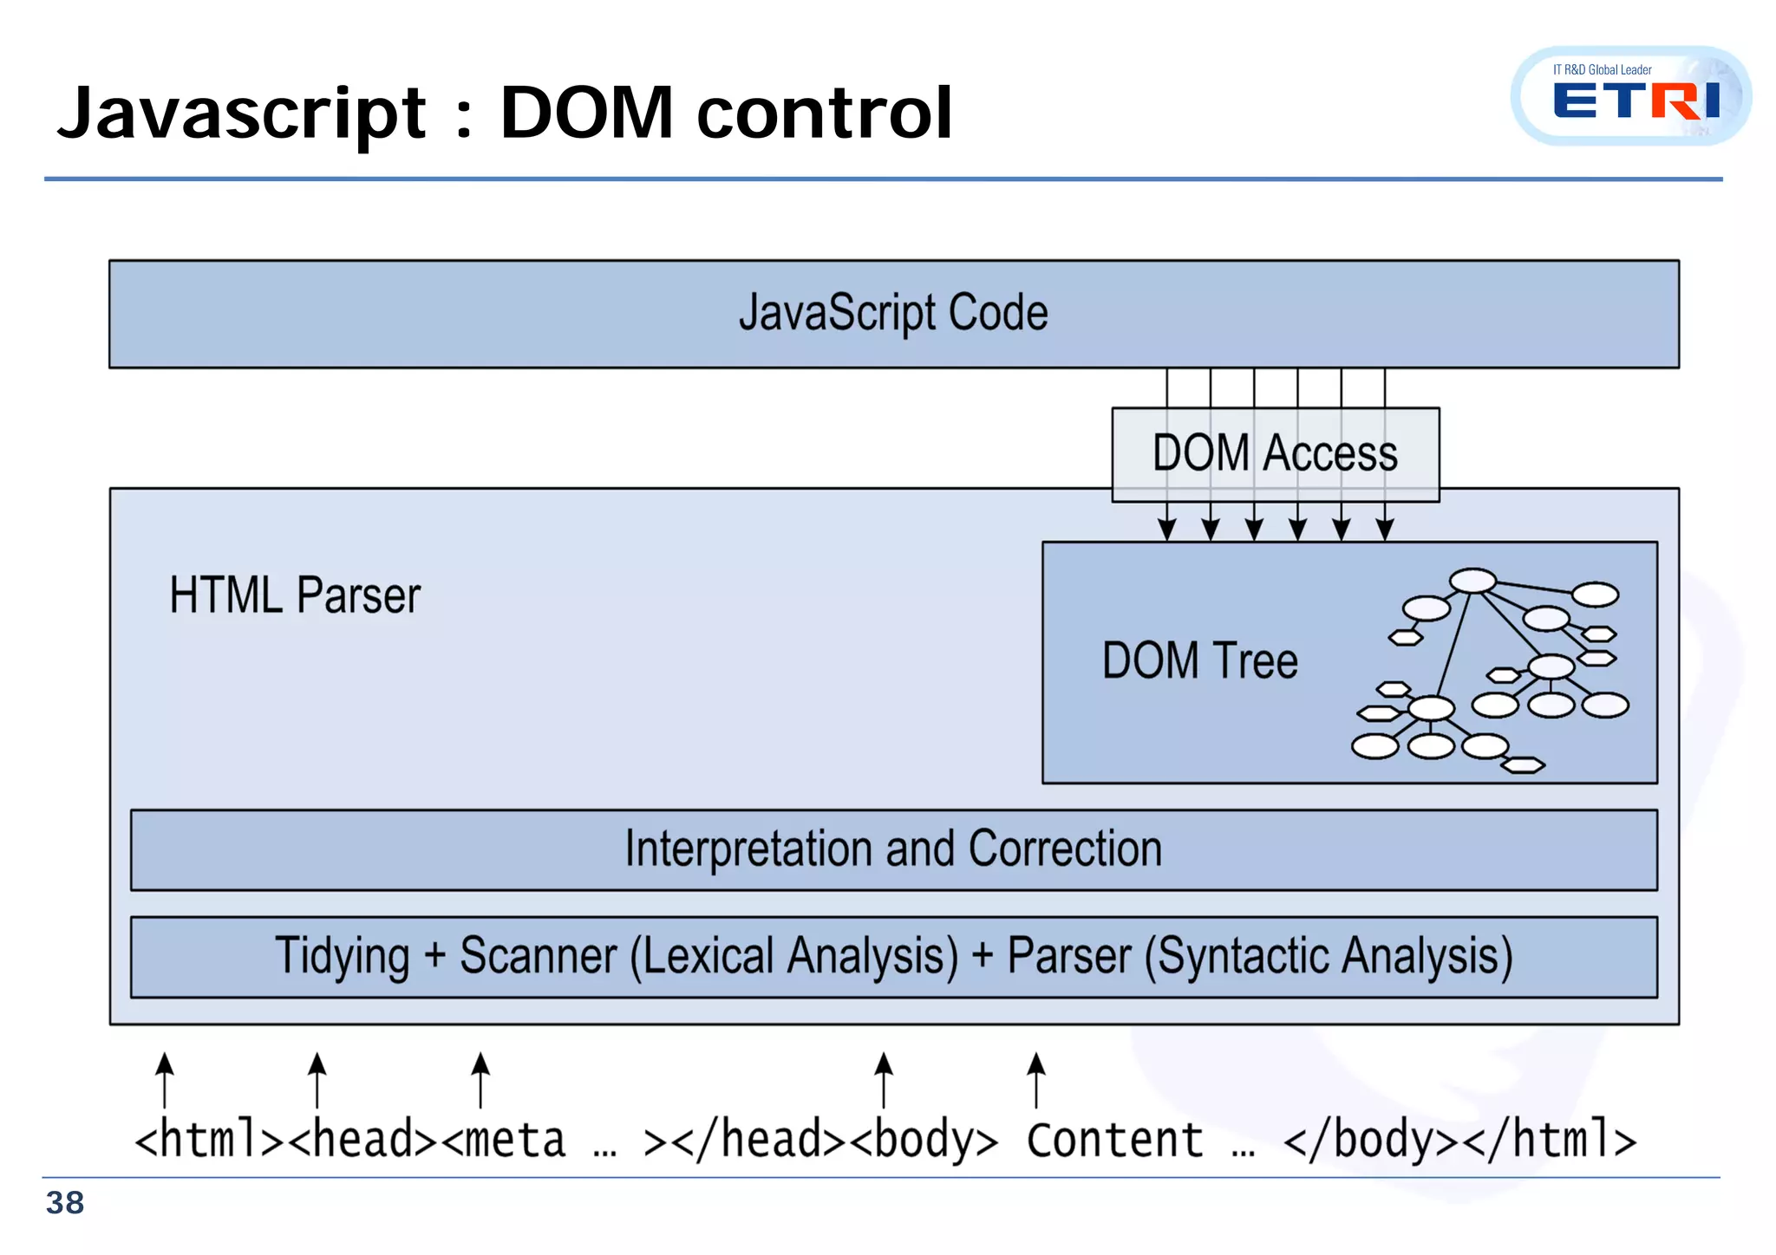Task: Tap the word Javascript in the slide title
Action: tap(241, 114)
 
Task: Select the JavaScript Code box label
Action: tap(893, 313)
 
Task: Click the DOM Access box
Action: tap(1275, 453)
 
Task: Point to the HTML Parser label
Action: tap(295, 595)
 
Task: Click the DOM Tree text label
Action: tap(1199, 660)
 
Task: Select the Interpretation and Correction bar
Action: tap(893, 849)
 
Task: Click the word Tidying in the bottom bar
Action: tap(343, 957)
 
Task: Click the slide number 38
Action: tap(65, 1203)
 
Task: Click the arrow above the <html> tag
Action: tap(165, 1079)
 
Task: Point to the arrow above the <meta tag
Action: tap(480, 1079)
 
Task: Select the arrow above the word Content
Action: tap(1035, 1079)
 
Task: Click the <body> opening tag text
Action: tap(924, 1140)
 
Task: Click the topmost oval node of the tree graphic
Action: tap(1472, 581)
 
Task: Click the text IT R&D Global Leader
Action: tap(1602, 70)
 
